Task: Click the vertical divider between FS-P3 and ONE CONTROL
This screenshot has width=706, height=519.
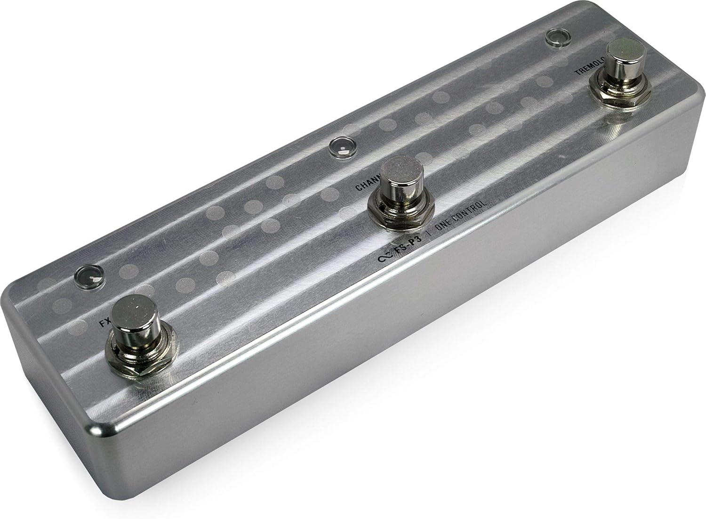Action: pos(428,234)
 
